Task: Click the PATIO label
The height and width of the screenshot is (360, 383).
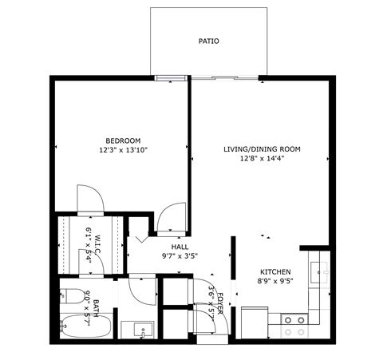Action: (x=208, y=41)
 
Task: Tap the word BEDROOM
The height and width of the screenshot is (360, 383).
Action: (x=123, y=140)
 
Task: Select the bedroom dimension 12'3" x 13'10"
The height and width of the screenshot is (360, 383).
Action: (x=123, y=150)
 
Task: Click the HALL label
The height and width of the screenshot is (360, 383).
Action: (x=180, y=247)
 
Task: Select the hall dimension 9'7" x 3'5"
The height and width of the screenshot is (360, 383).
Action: (x=180, y=257)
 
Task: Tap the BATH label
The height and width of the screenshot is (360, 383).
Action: (x=95, y=304)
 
